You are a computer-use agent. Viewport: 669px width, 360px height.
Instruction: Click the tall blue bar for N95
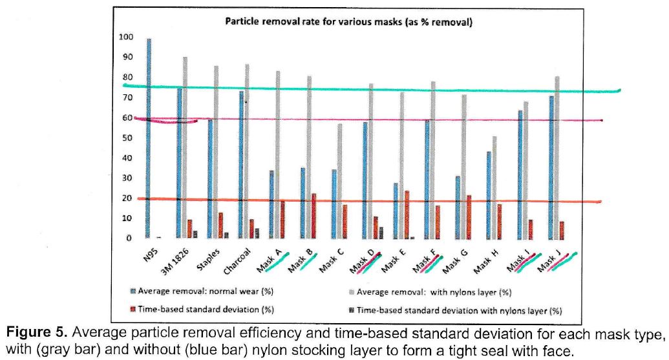pyautogui.click(x=149, y=139)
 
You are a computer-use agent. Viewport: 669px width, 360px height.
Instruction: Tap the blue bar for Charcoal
pyautogui.click(x=241, y=165)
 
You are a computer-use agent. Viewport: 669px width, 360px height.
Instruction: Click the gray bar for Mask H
pyautogui.click(x=494, y=187)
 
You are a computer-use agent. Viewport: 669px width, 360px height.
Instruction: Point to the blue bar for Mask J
pyautogui.click(x=551, y=167)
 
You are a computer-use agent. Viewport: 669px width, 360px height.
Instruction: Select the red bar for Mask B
pyautogui.click(x=314, y=216)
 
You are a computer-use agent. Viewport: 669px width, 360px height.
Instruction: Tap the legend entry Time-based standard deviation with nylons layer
pyautogui.click(x=458, y=310)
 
